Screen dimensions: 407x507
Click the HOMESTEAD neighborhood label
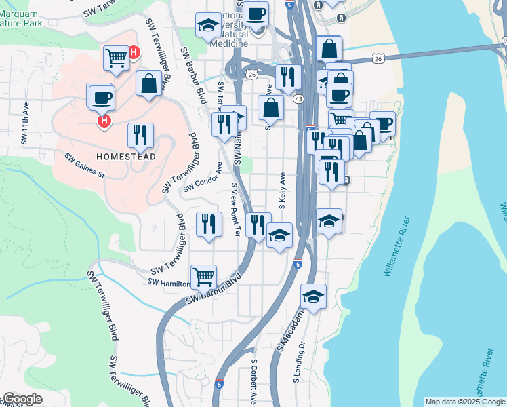126,157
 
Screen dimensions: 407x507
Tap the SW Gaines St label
85,166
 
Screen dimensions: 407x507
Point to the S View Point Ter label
235,209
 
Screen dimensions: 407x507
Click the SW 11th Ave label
25,126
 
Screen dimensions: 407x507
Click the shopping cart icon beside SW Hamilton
203,276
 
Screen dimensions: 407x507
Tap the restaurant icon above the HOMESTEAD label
140,135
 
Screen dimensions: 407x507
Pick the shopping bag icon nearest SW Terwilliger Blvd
148,83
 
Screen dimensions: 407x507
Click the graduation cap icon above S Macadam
314,296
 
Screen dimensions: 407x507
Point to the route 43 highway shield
298,99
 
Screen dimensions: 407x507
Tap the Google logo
22,400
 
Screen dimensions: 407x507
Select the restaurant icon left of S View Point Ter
209,225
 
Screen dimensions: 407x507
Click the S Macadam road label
288,336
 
